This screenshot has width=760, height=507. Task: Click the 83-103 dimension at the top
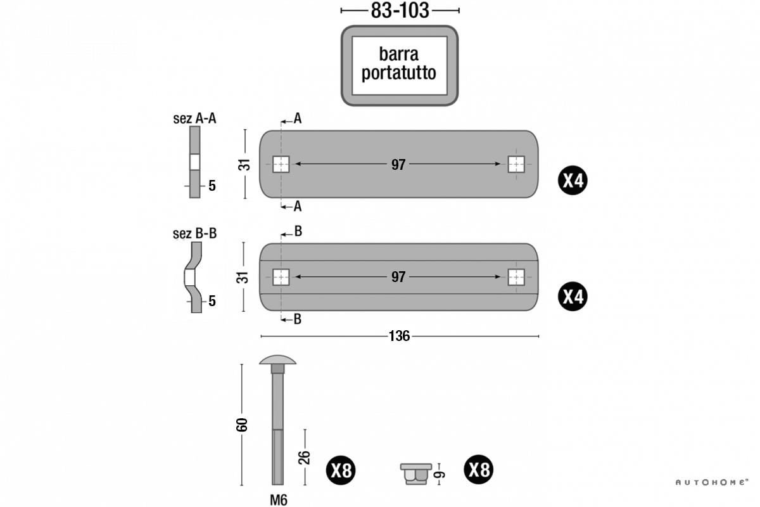point(399,10)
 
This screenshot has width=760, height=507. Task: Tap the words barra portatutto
point(399,63)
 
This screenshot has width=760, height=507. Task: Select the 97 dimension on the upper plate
point(398,165)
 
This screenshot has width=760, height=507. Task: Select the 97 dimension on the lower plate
point(398,278)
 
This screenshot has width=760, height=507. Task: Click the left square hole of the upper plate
point(281,164)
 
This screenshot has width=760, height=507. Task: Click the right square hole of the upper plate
point(516,164)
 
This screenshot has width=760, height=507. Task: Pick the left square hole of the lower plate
point(281,277)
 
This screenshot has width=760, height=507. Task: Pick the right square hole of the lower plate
point(516,277)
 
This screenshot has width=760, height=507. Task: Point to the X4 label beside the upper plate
point(573,181)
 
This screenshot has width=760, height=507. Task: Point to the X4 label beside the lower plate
point(573,297)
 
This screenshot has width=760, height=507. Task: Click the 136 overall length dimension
point(399,336)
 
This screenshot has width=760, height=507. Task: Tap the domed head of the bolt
point(277,362)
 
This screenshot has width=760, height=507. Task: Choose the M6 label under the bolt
point(279,499)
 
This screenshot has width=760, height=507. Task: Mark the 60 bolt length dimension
point(241,424)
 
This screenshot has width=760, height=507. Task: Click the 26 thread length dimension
point(304,458)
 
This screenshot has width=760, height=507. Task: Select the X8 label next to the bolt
point(341,471)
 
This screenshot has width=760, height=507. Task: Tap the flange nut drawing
point(415,473)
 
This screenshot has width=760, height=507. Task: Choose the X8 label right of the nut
point(479,470)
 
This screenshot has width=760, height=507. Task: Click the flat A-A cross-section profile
point(195,162)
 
